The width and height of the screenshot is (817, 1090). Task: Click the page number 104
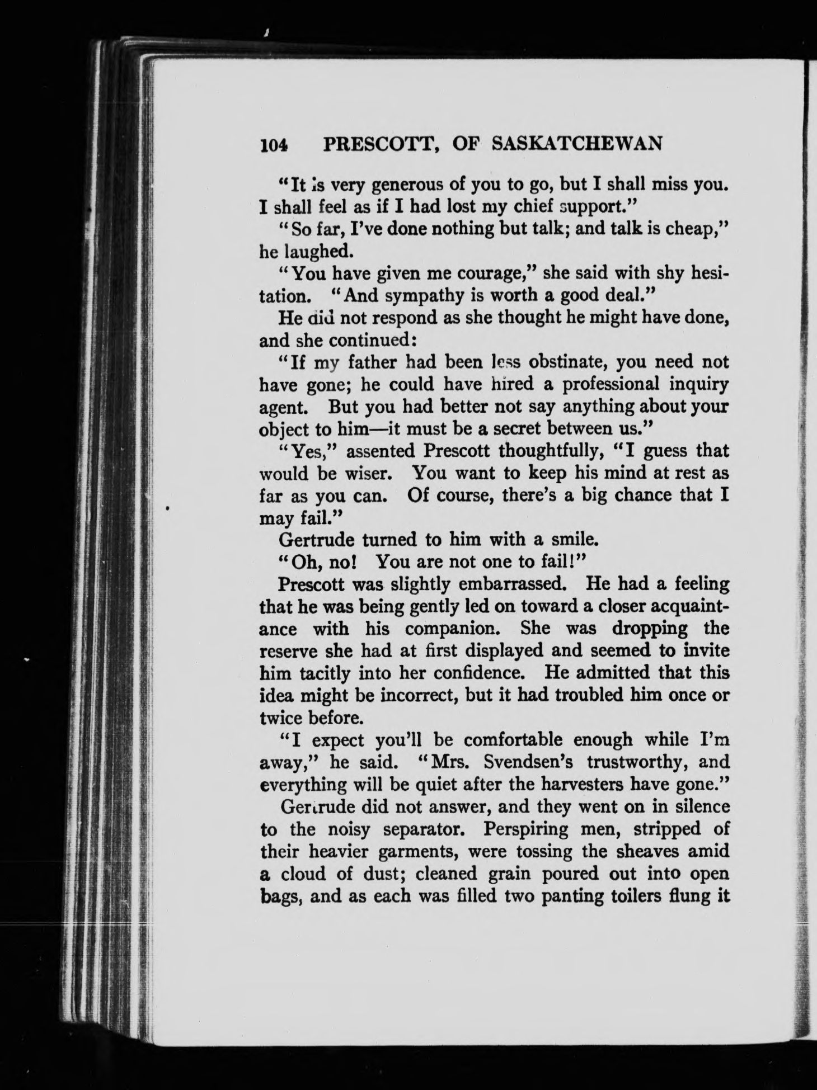click(x=273, y=145)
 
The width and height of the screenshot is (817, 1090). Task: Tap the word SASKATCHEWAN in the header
click(x=576, y=144)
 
